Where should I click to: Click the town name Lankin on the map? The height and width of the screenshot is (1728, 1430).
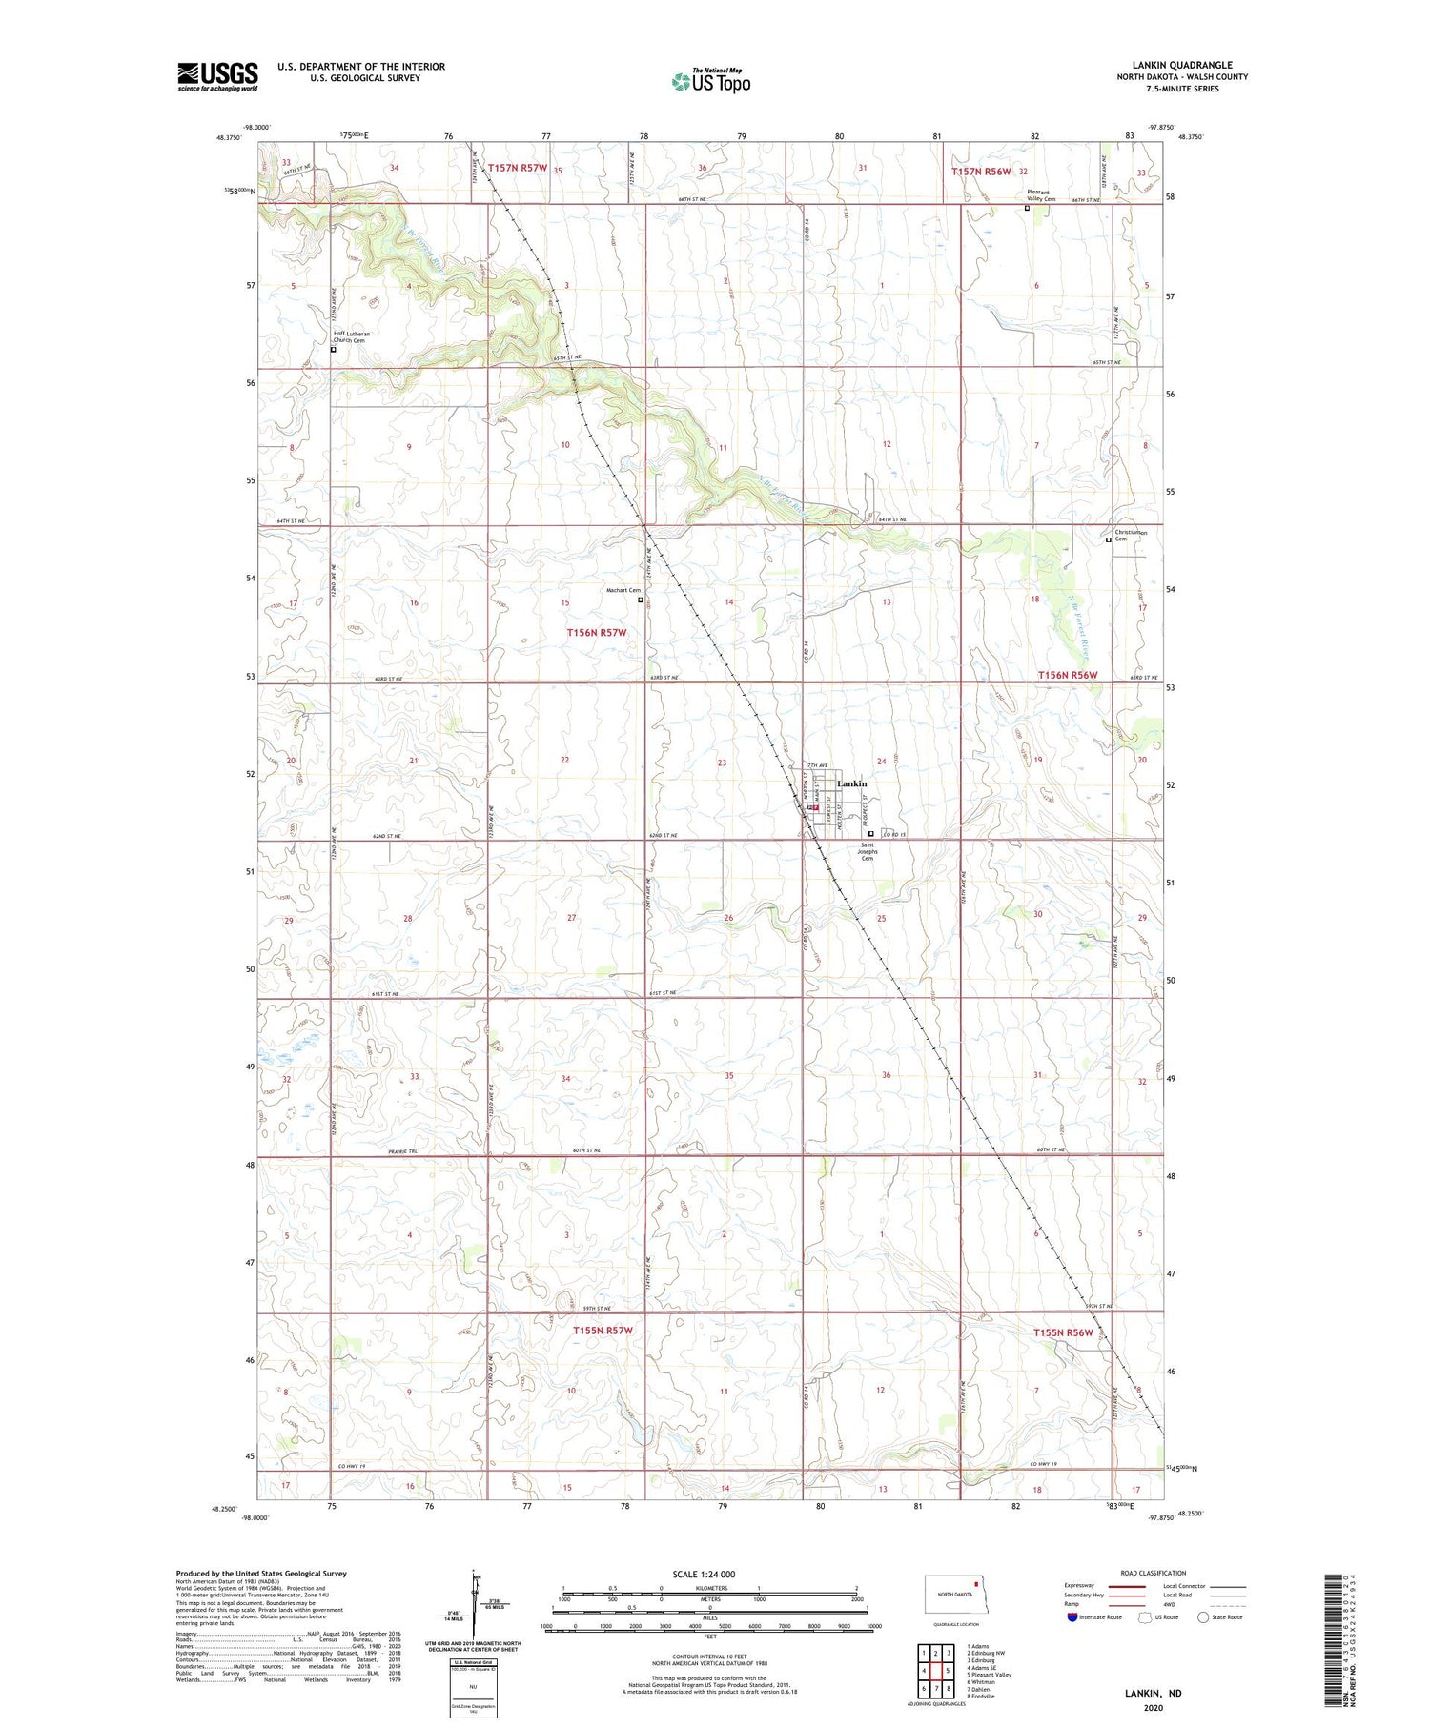tap(851, 783)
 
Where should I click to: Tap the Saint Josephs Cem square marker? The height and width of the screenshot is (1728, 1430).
tap(870, 833)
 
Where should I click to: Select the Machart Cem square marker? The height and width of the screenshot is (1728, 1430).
tap(641, 600)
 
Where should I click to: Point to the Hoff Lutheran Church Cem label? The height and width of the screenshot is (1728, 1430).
tap(351, 336)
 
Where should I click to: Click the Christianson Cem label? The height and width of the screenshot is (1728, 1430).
tap(1131, 536)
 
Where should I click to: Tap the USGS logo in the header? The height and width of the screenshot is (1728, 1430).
tap(217, 76)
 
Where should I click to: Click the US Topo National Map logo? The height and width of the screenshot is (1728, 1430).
tap(710, 81)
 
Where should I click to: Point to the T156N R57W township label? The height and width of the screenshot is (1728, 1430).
tap(596, 632)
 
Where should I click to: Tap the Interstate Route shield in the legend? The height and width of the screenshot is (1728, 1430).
tap(1073, 1617)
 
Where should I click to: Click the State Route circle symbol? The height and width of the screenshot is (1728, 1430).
tap(1204, 1617)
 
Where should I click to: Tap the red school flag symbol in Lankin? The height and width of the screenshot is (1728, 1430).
tap(816, 806)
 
